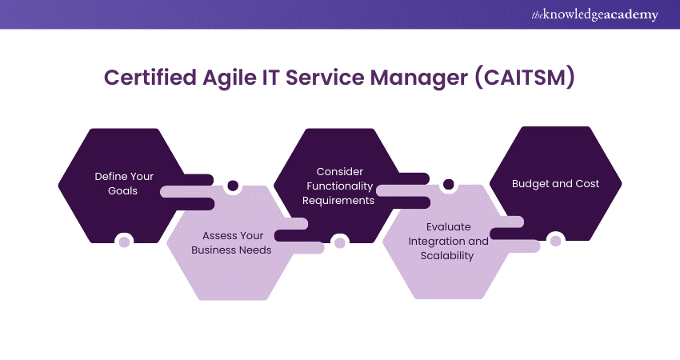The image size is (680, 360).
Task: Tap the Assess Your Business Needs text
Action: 237,242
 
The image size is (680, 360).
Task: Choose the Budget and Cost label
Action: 555,183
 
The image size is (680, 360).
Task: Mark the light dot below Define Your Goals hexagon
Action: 124,241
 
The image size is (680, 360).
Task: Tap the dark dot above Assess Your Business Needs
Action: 233,186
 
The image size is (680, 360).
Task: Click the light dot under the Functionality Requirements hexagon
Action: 339,242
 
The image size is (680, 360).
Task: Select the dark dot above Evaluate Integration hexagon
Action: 448,185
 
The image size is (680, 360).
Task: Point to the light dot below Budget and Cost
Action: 555,239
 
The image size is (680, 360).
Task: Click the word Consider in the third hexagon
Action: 340,171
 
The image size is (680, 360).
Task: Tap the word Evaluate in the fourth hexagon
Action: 448,226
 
